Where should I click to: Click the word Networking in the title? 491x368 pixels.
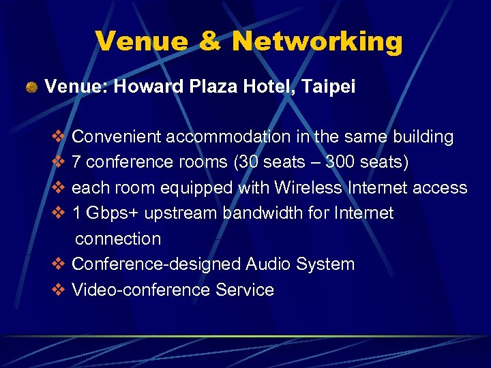click(x=316, y=42)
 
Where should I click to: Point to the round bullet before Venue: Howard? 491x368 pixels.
click(x=31, y=88)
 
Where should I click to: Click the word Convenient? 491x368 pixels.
click(x=113, y=137)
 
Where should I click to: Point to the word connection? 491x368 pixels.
click(x=118, y=239)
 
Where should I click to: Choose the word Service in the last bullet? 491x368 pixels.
click(x=245, y=290)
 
